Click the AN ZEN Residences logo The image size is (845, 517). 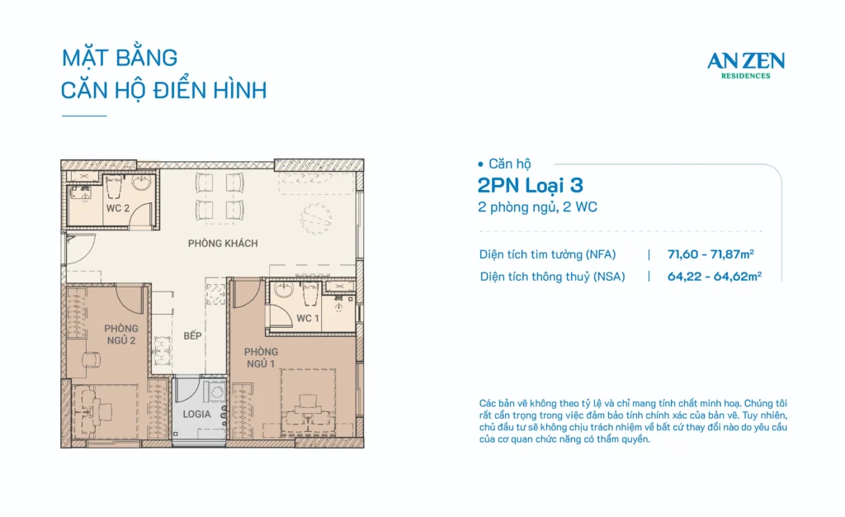746,65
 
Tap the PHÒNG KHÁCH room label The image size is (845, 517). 223,243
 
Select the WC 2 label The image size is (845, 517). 117,208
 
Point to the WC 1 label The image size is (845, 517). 308,318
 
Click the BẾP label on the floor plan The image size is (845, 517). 192,336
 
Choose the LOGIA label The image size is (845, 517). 196,414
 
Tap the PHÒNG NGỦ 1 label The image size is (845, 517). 261,358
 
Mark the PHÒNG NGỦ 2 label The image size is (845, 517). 121,334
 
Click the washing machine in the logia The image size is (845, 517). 215,392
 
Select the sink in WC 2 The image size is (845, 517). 142,183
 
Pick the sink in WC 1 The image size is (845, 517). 284,291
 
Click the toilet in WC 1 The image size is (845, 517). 310,292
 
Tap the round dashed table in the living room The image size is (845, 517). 316,219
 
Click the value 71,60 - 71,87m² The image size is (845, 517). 710,254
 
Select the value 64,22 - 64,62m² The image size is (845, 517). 714,276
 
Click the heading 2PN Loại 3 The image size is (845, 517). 531,186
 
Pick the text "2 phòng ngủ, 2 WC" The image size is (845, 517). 537,207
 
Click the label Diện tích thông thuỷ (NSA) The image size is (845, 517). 552,277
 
